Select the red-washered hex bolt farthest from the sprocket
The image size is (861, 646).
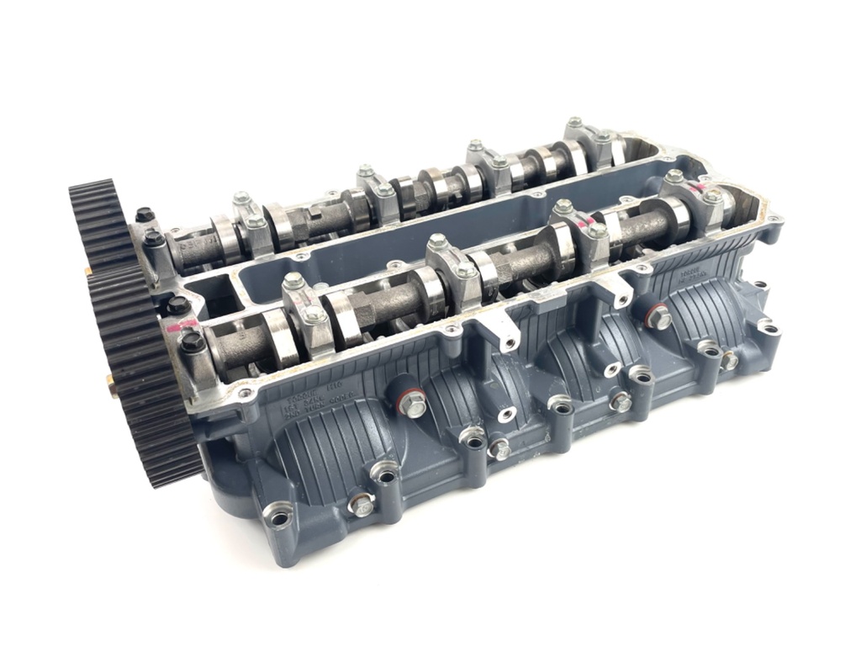(x=658, y=316)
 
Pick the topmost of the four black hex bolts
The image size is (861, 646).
(x=144, y=215)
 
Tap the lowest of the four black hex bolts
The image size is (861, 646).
(x=193, y=342)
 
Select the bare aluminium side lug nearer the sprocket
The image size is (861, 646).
(x=503, y=336)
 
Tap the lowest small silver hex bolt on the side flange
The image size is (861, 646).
(x=362, y=506)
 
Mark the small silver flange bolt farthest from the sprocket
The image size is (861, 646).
(x=728, y=360)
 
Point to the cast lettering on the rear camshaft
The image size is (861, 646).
(x=193, y=244)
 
